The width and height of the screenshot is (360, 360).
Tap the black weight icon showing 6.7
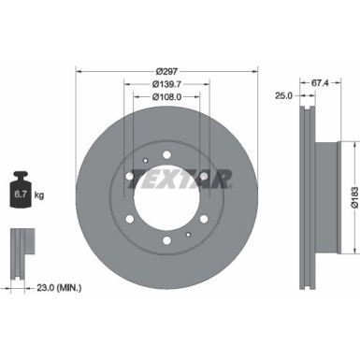20,194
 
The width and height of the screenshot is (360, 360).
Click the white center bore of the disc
169,201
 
